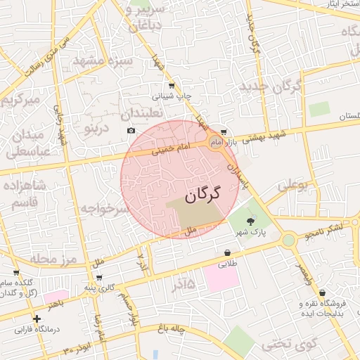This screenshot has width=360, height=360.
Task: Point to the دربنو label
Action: (97, 129)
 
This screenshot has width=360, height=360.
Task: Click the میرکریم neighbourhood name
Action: (24, 100)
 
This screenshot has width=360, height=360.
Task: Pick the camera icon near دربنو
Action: (131, 131)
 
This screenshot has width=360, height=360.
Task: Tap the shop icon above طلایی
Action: (227, 253)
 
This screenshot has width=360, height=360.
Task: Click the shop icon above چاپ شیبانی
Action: (172, 86)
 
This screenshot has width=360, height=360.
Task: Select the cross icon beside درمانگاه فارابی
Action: (37, 319)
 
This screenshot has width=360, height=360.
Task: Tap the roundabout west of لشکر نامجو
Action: (288, 240)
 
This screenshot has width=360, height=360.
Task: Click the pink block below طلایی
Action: (222, 277)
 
